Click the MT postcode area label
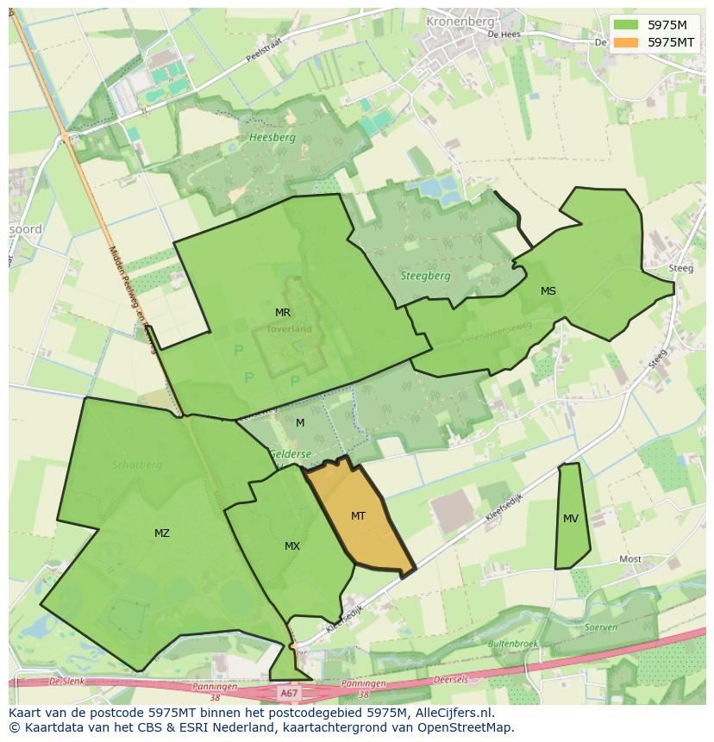pos(358,516)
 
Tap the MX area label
pos(292,546)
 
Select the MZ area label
pos(161,533)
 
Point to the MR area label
pos(283,312)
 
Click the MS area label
pos(548,291)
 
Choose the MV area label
pos(571,519)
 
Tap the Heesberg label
pos(272,137)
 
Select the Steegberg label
pos(425,276)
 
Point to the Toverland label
pos(289,328)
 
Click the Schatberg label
pos(136,464)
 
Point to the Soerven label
pos(601,627)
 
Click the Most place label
pos(630,559)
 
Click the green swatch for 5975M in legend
pos(625,26)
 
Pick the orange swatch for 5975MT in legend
pos(625,41)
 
